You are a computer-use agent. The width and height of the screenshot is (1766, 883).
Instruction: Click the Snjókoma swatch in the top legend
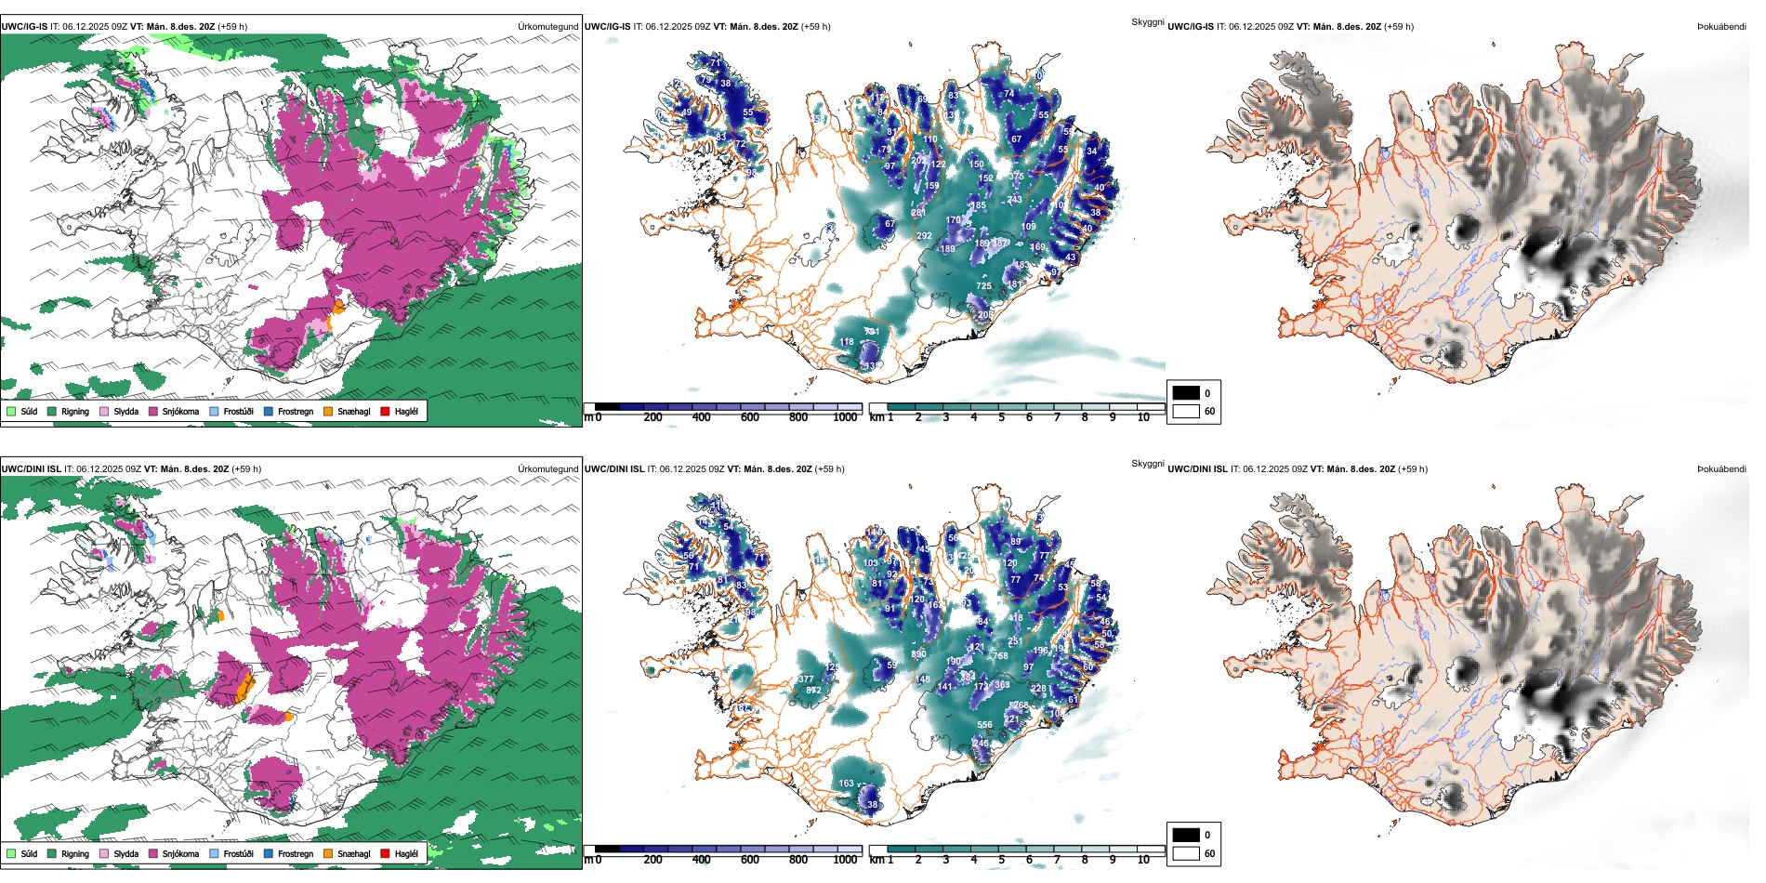click(152, 411)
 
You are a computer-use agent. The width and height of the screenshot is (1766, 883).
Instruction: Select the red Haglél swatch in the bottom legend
click(385, 853)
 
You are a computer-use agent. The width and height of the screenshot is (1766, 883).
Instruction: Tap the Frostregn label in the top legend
click(295, 411)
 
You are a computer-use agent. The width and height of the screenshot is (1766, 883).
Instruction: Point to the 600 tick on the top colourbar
click(750, 417)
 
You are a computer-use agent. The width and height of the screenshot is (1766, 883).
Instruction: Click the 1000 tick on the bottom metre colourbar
click(845, 860)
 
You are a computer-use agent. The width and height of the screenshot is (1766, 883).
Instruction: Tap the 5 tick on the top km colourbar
click(1001, 417)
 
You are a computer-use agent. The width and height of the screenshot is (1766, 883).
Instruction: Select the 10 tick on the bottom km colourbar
click(1143, 860)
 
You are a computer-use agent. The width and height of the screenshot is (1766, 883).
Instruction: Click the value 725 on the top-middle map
click(983, 286)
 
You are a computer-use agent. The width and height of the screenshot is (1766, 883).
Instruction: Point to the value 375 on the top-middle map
click(1016, 177)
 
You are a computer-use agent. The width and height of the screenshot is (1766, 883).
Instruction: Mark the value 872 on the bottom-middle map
click(813, 691)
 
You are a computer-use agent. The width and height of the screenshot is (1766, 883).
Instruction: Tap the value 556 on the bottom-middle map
click(984, 725)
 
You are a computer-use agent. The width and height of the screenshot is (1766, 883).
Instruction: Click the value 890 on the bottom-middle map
click(918, 654)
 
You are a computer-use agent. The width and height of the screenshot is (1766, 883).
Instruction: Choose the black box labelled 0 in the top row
click(1186, 393)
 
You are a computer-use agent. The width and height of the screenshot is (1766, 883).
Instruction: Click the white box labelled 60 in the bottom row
click(1186, 853)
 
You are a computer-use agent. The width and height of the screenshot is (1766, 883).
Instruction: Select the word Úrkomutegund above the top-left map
click(547, 27)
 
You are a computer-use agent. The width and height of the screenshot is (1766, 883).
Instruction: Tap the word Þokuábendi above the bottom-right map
click(1721, 469)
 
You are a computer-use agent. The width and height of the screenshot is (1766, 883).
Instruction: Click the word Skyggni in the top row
click(1147, 22)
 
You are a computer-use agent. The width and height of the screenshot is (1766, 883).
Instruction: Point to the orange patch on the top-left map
click(338, 308)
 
